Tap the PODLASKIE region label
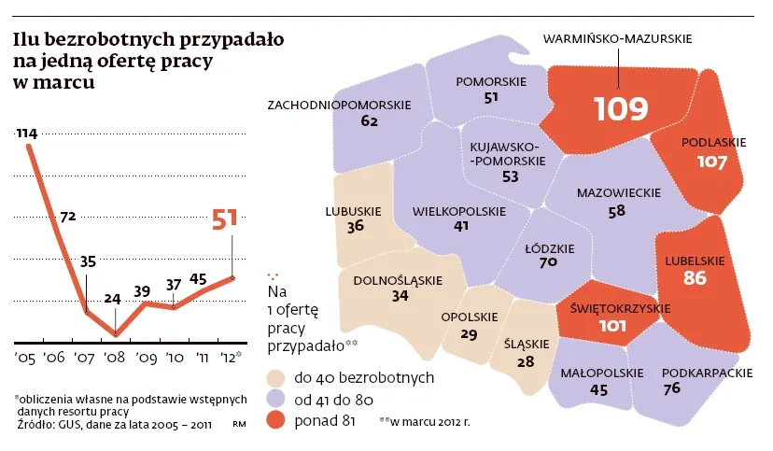[x=714, y=143]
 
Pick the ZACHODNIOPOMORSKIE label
[x=339, y=105]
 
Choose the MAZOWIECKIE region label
[x=618, y=193]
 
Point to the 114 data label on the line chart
[x=26, y=134]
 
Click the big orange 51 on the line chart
[x=224, y=219]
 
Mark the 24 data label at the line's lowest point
[x=113, y=300]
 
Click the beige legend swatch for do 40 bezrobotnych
[x=274, y=378]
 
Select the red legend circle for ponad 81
[x=274, y=421]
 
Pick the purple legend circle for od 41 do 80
[x=274, y=400]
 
